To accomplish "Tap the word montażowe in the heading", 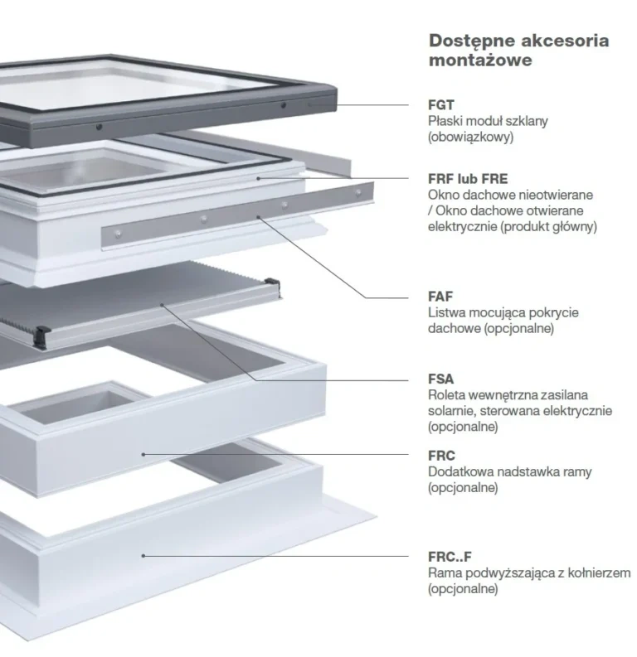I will pyautogui.click(x=480, y=60).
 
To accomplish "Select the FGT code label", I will pyautogui.click(x=440, y=104).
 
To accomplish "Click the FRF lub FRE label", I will pyautogui.click(x=468, y=178).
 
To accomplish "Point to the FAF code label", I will pyautogui.click(x=440, y=296).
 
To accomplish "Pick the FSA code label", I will pyautogui.click(x=440, y=379).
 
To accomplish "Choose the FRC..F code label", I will pyautogui.click(x=450, y=556).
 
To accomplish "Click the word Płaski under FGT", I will pyautogui.click(x=446, y=121).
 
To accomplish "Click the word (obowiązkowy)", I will pyautogui.click(x=470, y=137).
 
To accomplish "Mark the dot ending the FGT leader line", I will pyautogui.click(x=338, y=104).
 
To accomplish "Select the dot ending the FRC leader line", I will pyautogui.click(x=143, y=453).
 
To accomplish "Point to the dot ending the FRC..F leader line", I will pyautogui.click(x=143, y=555).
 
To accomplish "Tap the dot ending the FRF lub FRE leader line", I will pyautogui.click(x=258, y=177).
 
